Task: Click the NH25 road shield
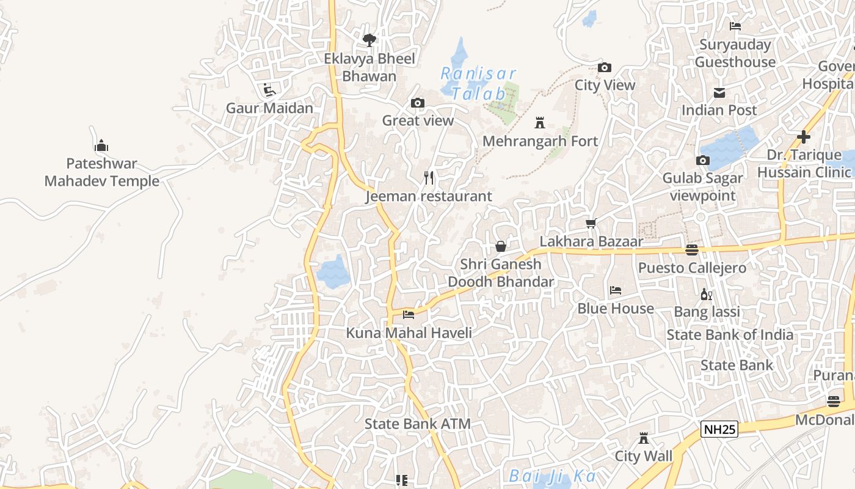[x=719, y=429]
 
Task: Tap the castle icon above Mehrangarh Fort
[x=540, y=123]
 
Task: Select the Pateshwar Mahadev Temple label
[x=102, y=172]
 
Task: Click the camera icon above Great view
[x=418, y=103]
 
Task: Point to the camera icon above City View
[x=605, y=67]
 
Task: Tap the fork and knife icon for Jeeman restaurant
[x=429, y=178]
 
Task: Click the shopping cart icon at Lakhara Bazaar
[x=591, y=223]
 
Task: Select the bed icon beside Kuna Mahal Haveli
[x=409, y=314]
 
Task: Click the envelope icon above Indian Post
[x=719, y=93]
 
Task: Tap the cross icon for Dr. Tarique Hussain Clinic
[x=804, y=137]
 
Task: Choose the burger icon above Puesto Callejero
[x=691, y=250]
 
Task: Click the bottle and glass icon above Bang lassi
[x=707, y=294]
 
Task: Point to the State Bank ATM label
[x=418, y=424]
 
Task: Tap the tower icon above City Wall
[x=643, y=438]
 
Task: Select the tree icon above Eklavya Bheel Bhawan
[x=369, y=40]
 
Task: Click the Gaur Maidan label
[x=269, y=108]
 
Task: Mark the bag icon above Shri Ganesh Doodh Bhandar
[x=501, y=246]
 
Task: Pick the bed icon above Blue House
[x=616, y=290]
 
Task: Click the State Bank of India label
[x=730, y=335]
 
